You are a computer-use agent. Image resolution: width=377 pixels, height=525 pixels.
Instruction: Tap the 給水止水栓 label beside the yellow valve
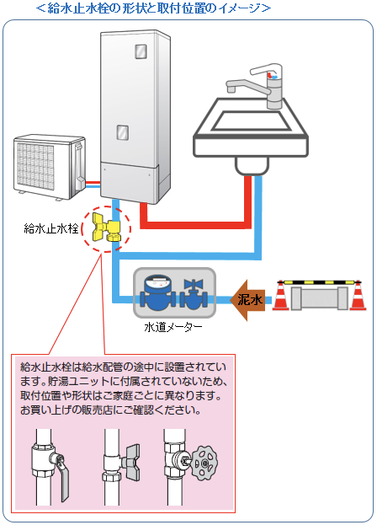coord(51,228)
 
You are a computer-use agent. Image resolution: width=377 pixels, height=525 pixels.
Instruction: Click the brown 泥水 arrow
coord(247,300)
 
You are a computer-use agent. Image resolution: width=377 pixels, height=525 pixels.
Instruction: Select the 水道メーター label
coord(173,327)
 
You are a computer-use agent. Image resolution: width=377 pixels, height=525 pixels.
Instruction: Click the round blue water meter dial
coord(157,283)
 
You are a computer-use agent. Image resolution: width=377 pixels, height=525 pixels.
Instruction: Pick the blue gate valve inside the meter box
coord(194,293)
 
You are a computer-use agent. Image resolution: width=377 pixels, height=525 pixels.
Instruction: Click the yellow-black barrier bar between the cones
coord(320,282)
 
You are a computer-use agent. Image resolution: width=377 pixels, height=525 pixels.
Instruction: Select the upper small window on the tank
coord(141,51)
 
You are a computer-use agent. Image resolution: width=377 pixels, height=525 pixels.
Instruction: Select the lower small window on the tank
coord(122,132)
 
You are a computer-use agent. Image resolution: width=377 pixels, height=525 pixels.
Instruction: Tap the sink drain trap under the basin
coord(252,166)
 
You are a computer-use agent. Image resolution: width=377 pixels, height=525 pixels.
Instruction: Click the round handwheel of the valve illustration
coord(204,463)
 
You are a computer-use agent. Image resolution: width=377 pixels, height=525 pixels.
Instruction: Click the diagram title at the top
coord(153,8)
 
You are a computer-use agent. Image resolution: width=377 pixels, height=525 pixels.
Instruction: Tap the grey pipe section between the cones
coord(320,298)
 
